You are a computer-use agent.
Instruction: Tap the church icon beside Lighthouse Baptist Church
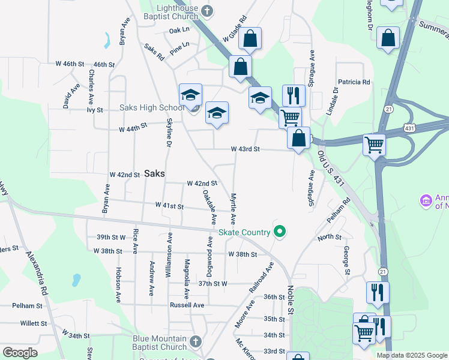click(207, 10)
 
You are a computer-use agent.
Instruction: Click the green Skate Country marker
click(279, 230)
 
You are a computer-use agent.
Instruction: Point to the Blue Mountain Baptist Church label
click(160, 343)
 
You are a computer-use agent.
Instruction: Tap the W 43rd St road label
click(245, 149)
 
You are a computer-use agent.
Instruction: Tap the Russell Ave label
click(187, 305)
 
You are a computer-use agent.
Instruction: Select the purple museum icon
click(426, 200)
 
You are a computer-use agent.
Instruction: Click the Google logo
click(20, 353)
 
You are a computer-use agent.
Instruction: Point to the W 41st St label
click(169, 206)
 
